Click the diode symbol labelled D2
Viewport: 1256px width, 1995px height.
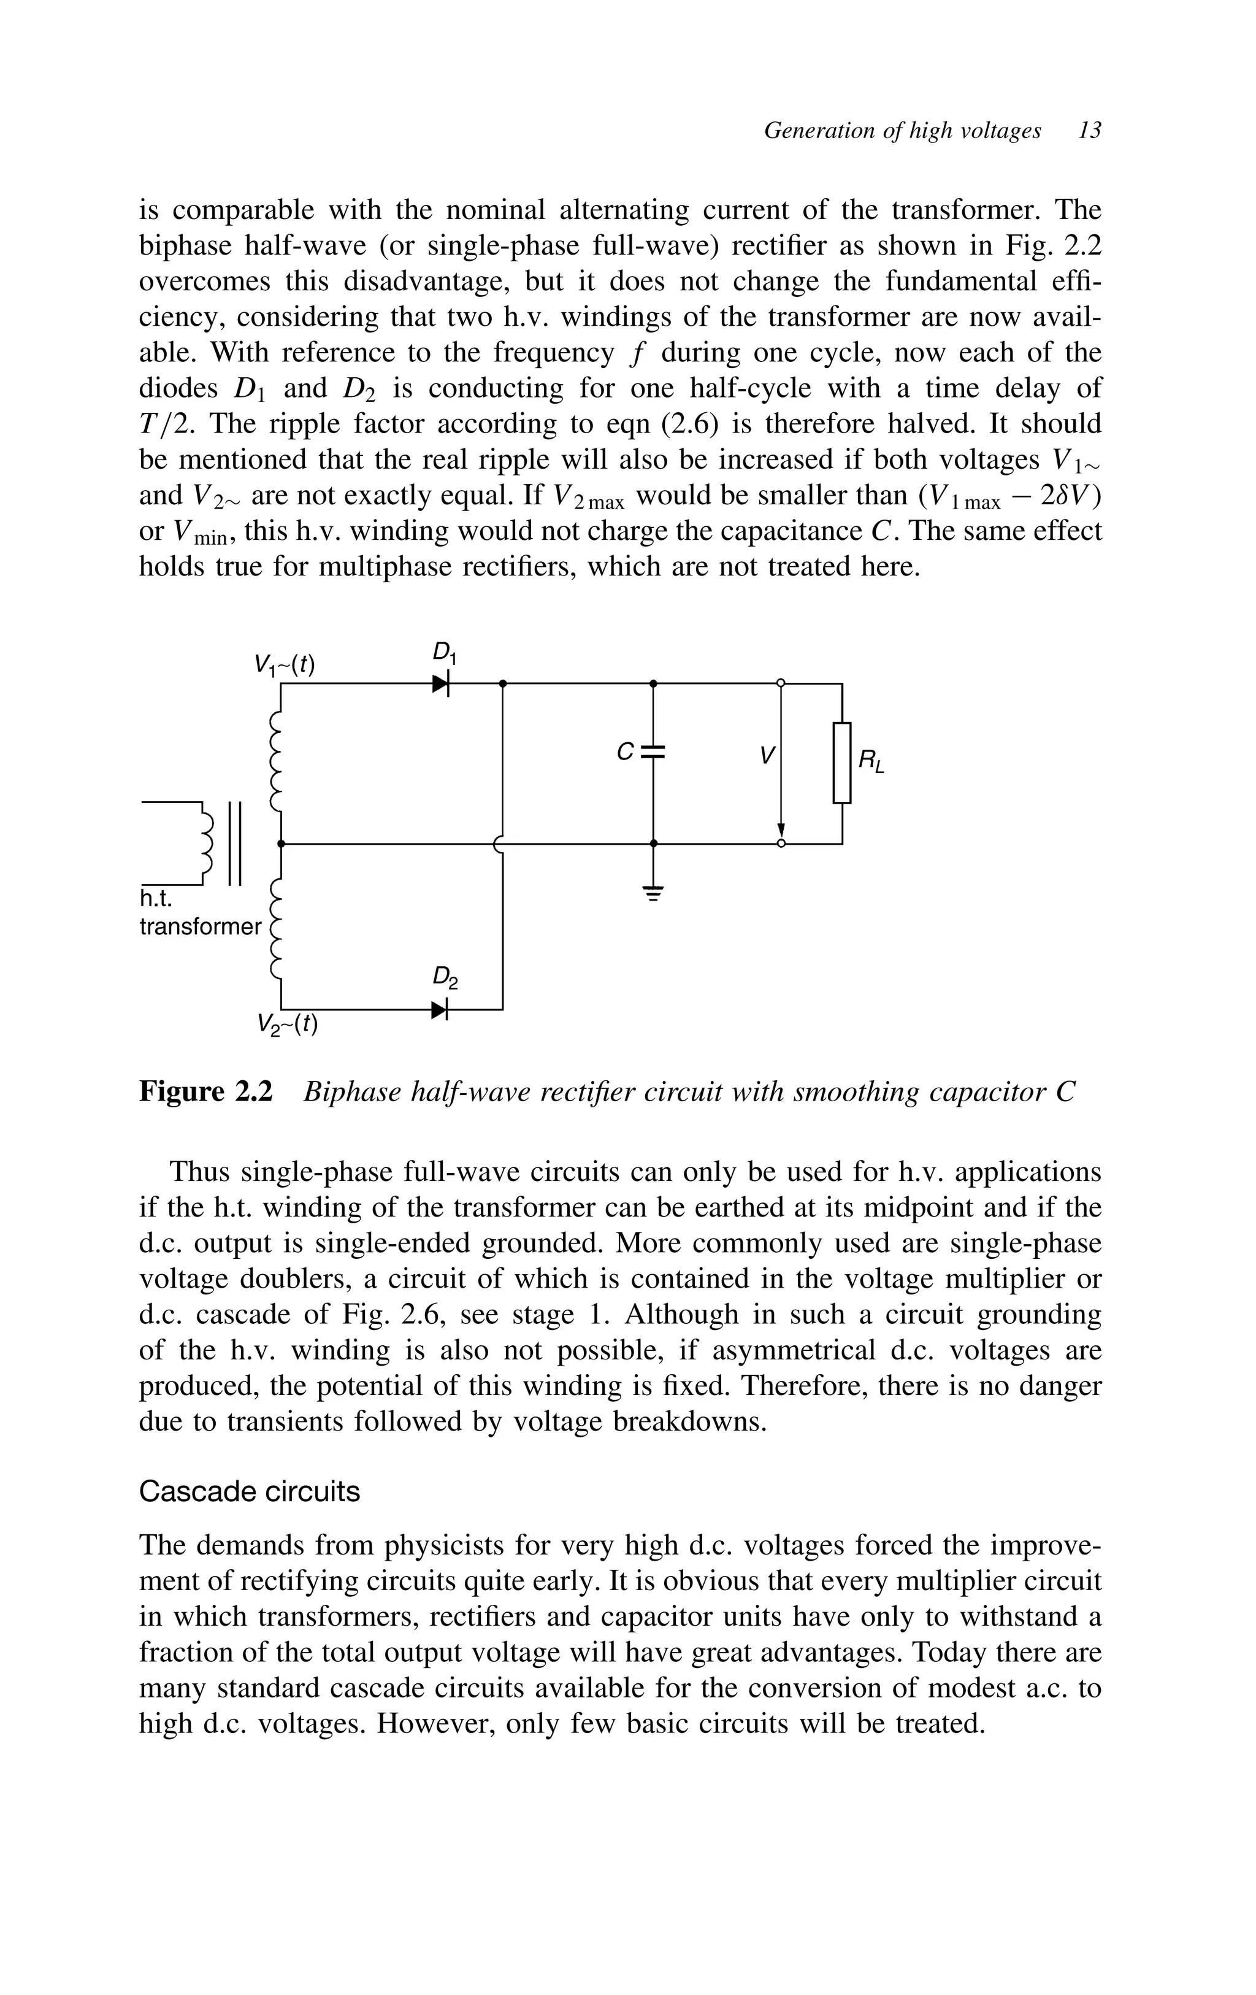[x=440, y=1009]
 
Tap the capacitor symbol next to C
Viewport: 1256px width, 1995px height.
[x=653, y=752]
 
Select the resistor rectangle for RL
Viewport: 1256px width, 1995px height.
[x=842, y=762]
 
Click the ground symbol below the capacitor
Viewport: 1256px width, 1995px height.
[x=653, y=894]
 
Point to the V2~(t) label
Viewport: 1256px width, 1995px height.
[x=288, y=1025]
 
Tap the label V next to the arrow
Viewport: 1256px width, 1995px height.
[x=768, y=755]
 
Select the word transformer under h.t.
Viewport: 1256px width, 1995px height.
[x=200, y=926]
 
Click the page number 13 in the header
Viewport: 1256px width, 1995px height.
[x=1089, y=130]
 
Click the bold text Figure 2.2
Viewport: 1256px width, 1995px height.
[x=205, y=1092]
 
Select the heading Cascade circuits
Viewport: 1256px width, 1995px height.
[x=250, y=1491]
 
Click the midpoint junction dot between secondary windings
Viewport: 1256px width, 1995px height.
[x=281, y=844]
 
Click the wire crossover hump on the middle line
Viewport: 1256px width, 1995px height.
[x=497, y=844]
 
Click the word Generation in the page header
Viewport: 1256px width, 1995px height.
[x=816, y=130]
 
